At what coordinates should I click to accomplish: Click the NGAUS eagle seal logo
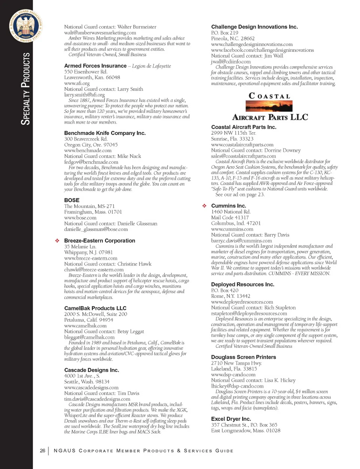[x=26, y=26]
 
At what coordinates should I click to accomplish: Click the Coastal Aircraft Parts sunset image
[x=269, y=106]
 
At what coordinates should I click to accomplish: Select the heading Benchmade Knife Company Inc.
[x=105, y=133]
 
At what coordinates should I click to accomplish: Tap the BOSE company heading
[x=72, y=200]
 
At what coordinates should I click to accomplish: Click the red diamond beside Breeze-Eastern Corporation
[x=57, y=241]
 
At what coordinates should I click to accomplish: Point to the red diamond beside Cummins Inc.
[x=204, y=206]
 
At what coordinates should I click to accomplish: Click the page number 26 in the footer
[x=42, y=451]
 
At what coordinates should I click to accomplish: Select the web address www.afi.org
[x=77, y=83]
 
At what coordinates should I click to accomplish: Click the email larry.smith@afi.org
[x=84, y=95]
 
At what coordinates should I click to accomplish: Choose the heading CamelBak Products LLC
[x=95, y=308]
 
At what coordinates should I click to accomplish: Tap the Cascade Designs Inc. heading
[x=91, y=370]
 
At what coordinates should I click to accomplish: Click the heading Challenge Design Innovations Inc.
[x=254, y=27]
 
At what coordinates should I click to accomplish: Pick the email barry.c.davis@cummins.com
[x=241, y=241]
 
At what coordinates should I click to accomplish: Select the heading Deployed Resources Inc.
[x=243, y=285]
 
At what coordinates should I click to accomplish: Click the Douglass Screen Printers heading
[x=243, y=357]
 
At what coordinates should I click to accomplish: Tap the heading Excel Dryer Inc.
[x=231, y=419]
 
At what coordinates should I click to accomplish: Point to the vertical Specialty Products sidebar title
[x=25, y=89]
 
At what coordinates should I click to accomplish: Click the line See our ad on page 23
[x=240, y=195]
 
